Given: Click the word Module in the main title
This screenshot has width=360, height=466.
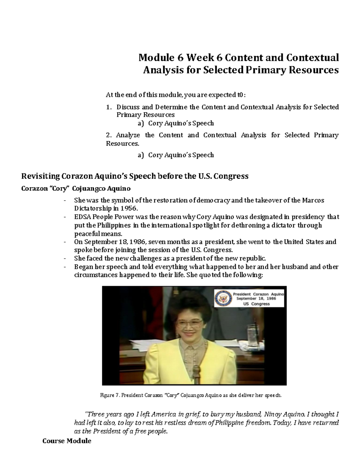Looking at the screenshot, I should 156,57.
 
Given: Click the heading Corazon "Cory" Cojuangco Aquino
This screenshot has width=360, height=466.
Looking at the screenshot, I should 76,189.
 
